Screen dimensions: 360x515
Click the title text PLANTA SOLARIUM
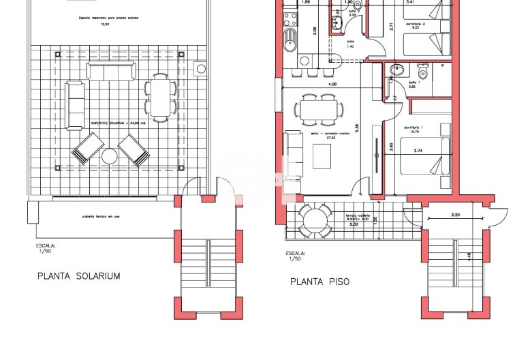(x=78, y=276)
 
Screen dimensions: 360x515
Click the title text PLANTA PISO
(x=320, y=281)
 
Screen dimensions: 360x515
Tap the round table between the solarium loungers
(x=110, y=157)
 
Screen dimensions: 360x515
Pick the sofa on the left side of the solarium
(x=74, y=105)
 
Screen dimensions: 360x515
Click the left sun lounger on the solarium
(x=88, y=148)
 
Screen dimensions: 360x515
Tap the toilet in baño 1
(x=422, y=73)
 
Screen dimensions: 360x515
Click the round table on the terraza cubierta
(x=315, y=220)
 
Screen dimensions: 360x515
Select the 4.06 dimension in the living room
(x=332, y=84)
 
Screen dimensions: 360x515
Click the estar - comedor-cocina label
(x=326, y=136)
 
